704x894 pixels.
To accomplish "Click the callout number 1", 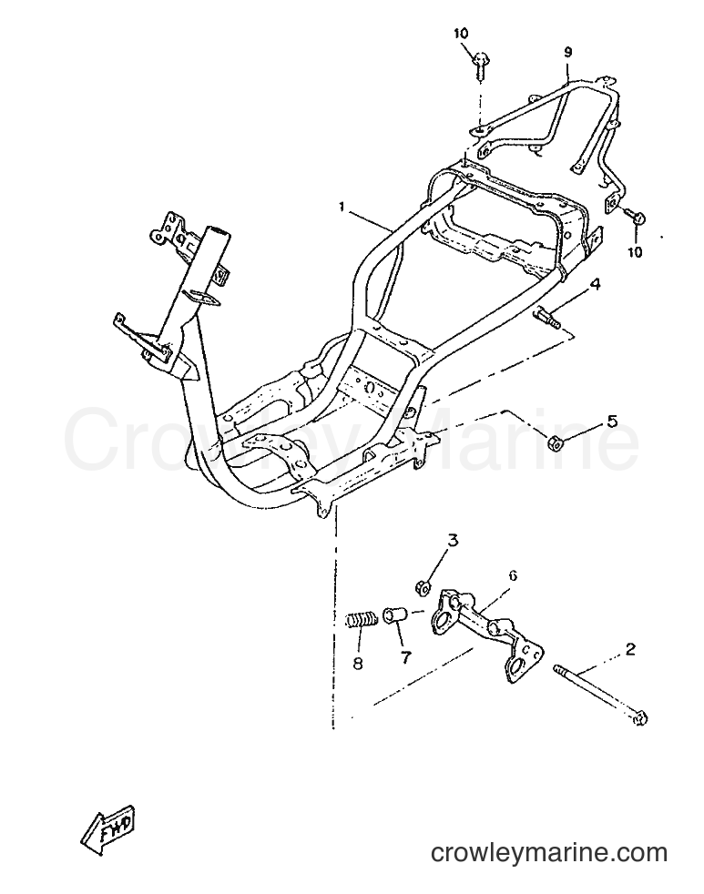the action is coord(342,208).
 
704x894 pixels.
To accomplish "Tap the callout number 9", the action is coord(567,53).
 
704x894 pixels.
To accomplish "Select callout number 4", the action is coord(596,284).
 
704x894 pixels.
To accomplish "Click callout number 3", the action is coord(453,539).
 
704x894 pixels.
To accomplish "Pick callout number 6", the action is coord(513,576).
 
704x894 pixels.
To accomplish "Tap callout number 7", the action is coord(405,657).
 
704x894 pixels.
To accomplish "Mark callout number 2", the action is coord(630,649).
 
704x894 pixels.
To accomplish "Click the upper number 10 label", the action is coord(461,34).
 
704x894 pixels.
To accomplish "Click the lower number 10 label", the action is coord(635,251).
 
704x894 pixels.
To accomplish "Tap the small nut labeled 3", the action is coord(421,585).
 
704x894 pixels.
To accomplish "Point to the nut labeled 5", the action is coord(554,442).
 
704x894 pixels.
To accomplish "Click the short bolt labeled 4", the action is coord(546,317).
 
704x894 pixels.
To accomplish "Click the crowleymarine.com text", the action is coord(549,853).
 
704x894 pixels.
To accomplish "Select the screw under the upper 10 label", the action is coord(479,65).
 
